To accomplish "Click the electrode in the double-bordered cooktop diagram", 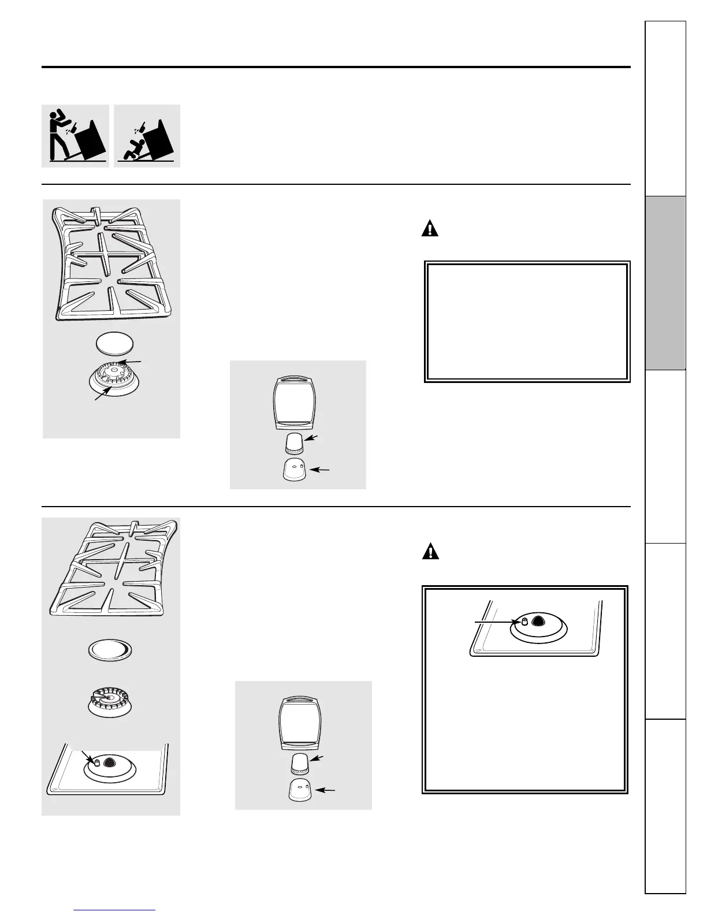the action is (524, 621).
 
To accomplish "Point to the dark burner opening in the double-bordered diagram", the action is (538, 621).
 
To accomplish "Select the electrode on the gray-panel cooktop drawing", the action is (98, 762).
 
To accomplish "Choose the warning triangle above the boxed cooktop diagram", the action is (430, 552).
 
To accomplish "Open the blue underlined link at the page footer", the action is (115, 910).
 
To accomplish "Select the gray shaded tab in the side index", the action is (666, 283).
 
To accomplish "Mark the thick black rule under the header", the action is (336, 67).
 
